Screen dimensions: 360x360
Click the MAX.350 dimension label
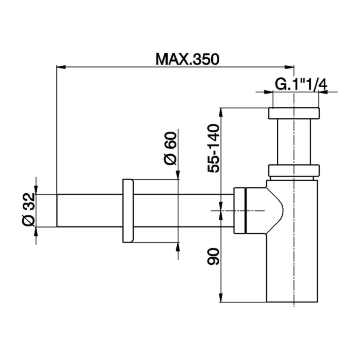[x=188, y=60]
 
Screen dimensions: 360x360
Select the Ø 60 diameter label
[x=170, y=148]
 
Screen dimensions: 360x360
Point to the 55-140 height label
[x=214, y=148]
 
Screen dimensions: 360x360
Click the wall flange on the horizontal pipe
[x=128, y=211]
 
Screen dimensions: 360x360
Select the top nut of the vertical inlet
[x=294, y=113]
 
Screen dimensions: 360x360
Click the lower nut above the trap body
[x=294, y=170]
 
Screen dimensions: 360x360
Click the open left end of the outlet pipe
[x=57, y=210]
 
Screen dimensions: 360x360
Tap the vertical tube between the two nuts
[x=294, y=142]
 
